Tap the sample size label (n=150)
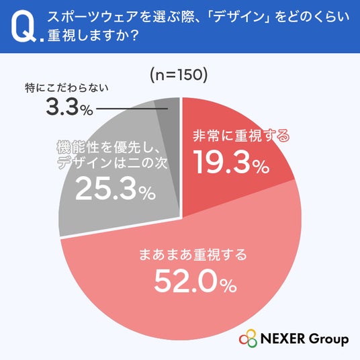(x=179, y=75)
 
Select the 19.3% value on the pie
(x=232, y=162)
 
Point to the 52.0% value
(x=195, y=281)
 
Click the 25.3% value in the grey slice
(x=116, y=189)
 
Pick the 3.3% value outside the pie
(x=70, y=107)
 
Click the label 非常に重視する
(x=241, y=136)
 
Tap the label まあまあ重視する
(x=193, y=255)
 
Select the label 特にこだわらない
(x=66, y=88)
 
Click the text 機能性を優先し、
(x=108, y=147)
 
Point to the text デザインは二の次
(x=113, y=163)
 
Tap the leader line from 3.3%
(x=132, y=109)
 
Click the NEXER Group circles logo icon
(x=248, y=339)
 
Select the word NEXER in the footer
(x=283, y=339)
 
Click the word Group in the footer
(x=328, y=340)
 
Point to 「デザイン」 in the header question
(x=241, y=17)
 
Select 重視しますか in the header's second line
(x=87, y=36)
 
